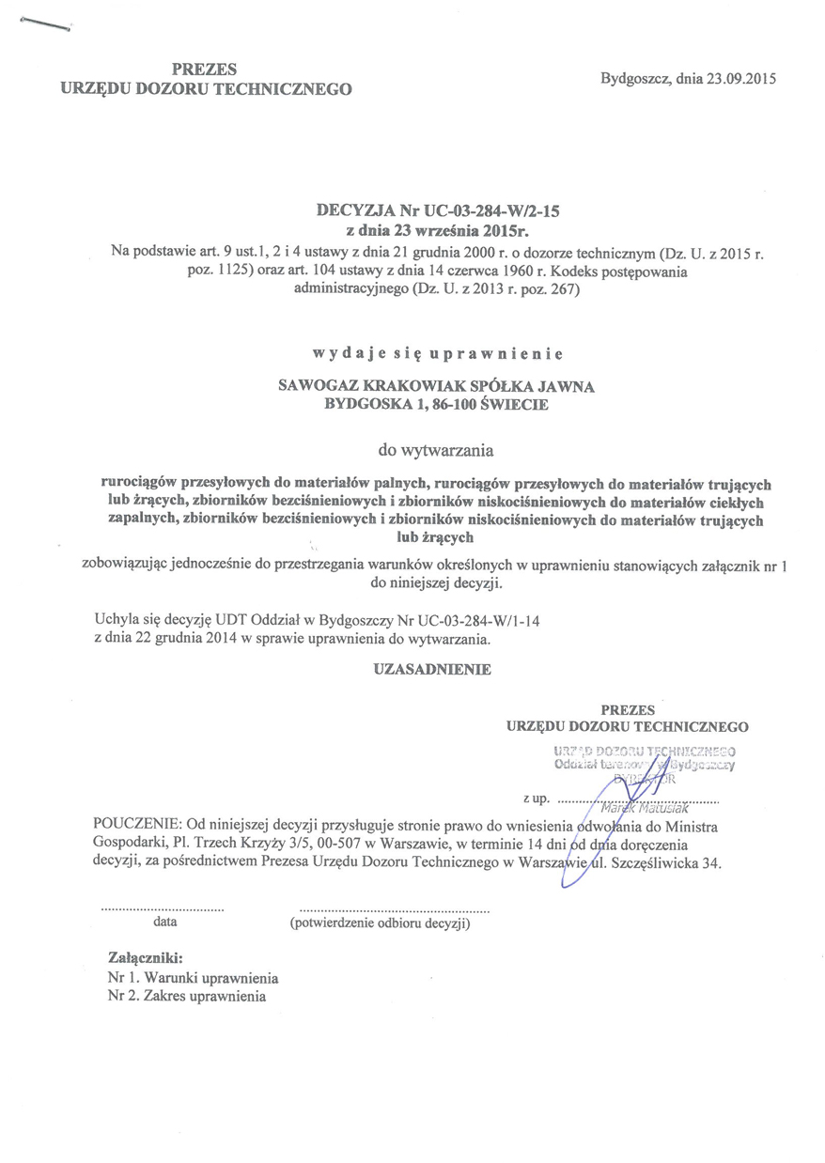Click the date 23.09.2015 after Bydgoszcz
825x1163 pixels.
tap(739, 79)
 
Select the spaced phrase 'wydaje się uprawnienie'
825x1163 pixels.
tap(437, 354)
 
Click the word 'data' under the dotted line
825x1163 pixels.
tap(163, 922)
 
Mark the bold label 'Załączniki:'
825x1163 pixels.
tap(146, 959)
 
